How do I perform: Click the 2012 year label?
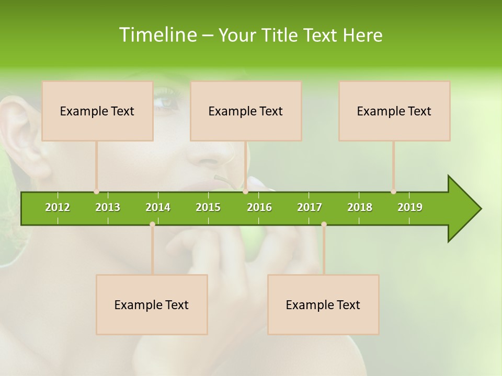[x=58, y=207]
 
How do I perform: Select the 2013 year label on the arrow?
[x=108, y=207]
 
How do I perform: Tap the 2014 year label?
[x=158, y=207]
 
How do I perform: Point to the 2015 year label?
[x=208, y=207]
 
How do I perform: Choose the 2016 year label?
[x=259, y=207]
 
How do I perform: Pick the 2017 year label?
[x=310, y=207]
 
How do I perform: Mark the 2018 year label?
[x=360, y=207]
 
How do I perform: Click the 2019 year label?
[x=410, y=207]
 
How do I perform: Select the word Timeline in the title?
[x=157, y=35]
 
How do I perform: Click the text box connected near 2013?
[x=97, y=111]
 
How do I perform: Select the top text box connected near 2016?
[x=246, y=111]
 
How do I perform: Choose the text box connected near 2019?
[x=394, y=111]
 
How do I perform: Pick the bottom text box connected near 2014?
[x=152, y=304]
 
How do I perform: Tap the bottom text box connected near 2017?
[x=323, y=304]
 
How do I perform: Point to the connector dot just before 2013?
[x=96, y=192]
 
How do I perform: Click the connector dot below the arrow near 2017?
[x=324, y=225]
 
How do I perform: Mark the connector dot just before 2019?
[x=393, y=192]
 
